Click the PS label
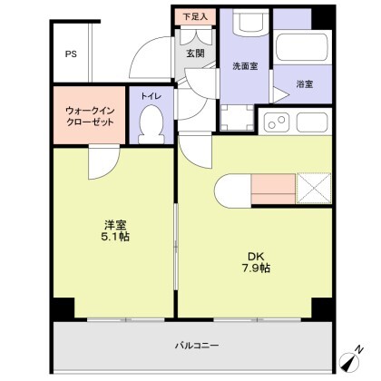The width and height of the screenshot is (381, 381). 71,53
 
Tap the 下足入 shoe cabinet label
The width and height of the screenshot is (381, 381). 195,15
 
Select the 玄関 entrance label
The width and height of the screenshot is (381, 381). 196,54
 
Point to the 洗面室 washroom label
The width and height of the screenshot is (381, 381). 245,65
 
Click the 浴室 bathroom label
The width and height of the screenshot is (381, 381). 304,84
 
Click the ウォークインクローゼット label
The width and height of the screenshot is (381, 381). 90,116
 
